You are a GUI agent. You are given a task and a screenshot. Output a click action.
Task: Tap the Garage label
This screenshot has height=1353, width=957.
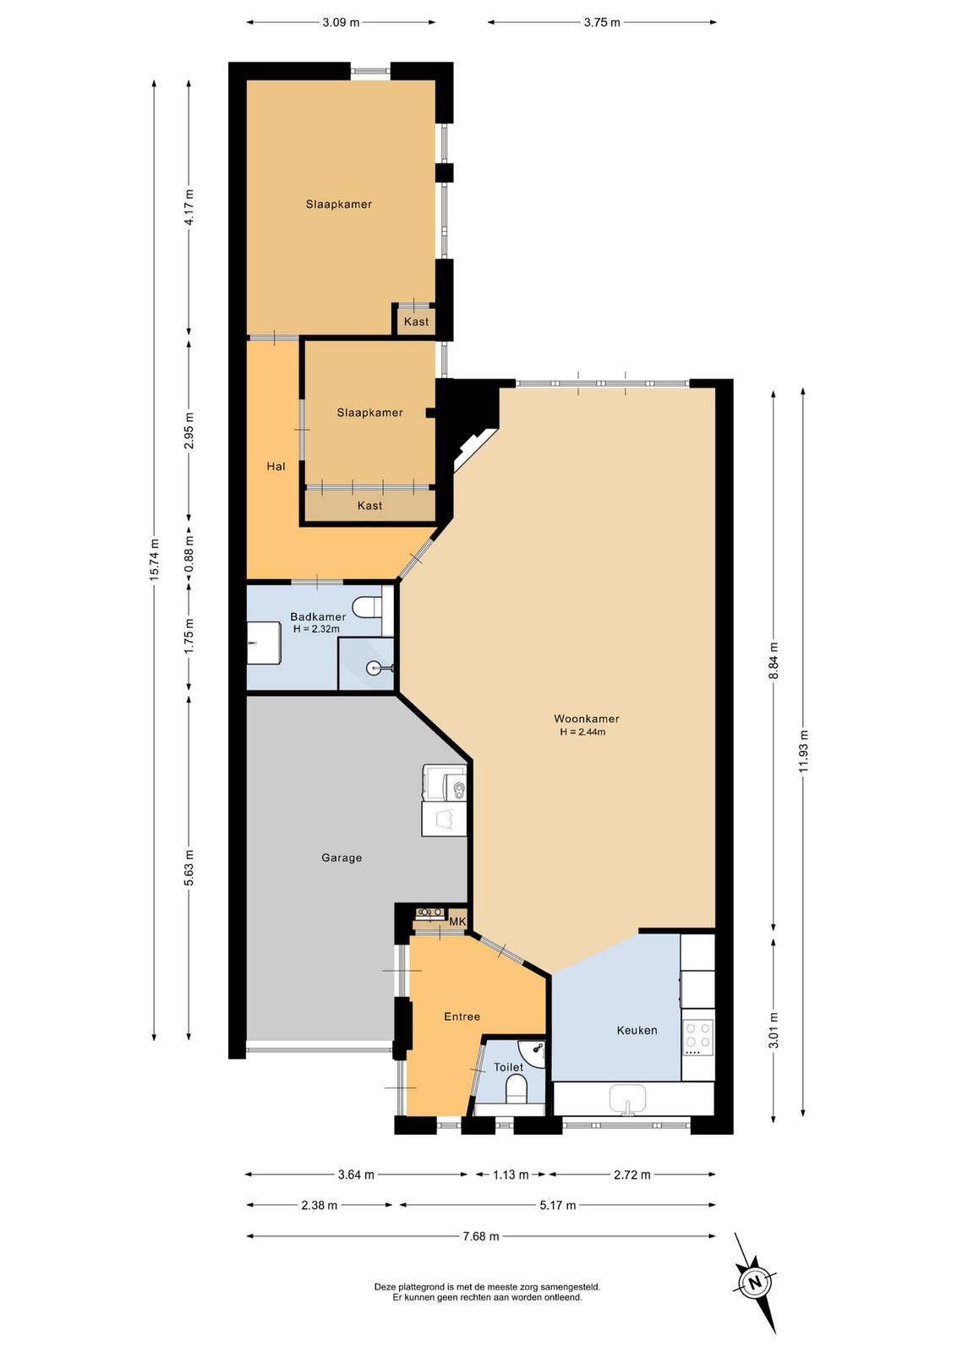pyautogui.click(x=342, y=857)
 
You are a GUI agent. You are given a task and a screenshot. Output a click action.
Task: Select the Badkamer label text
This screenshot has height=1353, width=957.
pyautogui.click(x=318, y=616)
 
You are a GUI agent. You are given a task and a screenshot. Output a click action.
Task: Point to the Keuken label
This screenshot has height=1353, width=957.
pyautogui.click(x=637, y=1031)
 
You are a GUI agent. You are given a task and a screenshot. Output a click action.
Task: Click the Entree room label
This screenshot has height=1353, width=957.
pyautogui.click(x=462, y=1016)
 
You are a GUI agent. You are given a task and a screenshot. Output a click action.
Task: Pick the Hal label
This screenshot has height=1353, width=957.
pyautogui.click(x=276, y=466)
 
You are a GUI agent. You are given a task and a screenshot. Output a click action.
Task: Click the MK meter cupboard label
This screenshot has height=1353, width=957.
pyautogui.click(x=457, y=922)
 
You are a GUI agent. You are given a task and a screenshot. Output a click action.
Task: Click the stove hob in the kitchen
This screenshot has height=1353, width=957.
pyautogui.click(x=698, y=1037)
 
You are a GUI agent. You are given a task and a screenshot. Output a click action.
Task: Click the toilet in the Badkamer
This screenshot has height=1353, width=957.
pyautogui.click(x=368, y=607)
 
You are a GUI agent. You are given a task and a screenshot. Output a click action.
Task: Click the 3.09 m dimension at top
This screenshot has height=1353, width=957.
pyautogui.click(x=341, y=23)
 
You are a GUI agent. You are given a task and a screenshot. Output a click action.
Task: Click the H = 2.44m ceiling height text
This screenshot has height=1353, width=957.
pyautogui.click(x=582, y=732)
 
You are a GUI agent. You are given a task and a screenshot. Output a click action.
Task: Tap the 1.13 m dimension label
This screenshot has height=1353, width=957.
pyautogui.click(x=511, y=1175)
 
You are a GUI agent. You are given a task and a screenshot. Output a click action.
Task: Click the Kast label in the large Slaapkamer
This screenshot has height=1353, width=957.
pyautogui.click(x=417, y=321)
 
